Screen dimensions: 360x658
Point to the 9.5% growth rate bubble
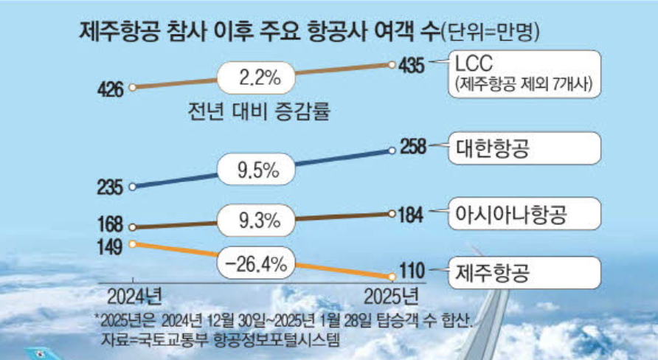coord(257,171)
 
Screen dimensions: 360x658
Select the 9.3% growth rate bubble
coord(257,220)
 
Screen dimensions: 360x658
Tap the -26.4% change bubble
coord(257,263)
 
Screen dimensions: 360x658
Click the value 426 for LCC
coord(110,89)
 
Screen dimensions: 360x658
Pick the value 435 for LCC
coord(410,66)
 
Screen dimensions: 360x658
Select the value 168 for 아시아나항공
coord(110,223)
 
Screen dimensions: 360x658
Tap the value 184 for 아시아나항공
coord(410,215)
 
